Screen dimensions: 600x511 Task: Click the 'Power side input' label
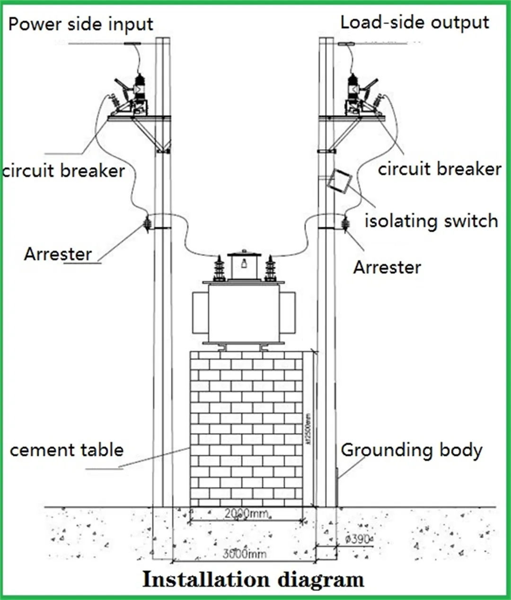click(x=80, y=24)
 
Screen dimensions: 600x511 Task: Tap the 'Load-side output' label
click(x=414, y=22)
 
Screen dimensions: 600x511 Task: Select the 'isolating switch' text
click(x=431, y=221)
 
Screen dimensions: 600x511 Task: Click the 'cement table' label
click(x=66, y=450)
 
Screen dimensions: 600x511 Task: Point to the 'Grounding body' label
click(x=411, y=450)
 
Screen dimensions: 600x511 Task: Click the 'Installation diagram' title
click(x=253, y=580)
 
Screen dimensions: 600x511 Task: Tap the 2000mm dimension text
click(x=246, y=513)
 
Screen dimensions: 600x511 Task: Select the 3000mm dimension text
click(x=244, y=553)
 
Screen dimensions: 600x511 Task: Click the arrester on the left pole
click(x=147, y=223)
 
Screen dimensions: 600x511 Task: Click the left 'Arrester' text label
click(x=58, y=254)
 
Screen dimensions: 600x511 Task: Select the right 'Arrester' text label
click(x=387, y=267)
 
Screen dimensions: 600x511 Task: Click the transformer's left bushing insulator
click(x=219, y=269)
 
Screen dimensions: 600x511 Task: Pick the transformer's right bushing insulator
click(x=270, y=269)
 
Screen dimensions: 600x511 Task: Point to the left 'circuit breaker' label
click(x=63, y=170)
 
